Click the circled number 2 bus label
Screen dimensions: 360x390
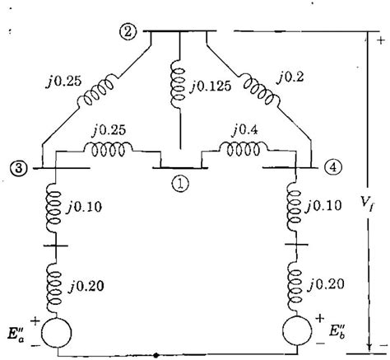pos(128,33)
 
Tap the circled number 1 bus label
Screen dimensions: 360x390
pos(180,184)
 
